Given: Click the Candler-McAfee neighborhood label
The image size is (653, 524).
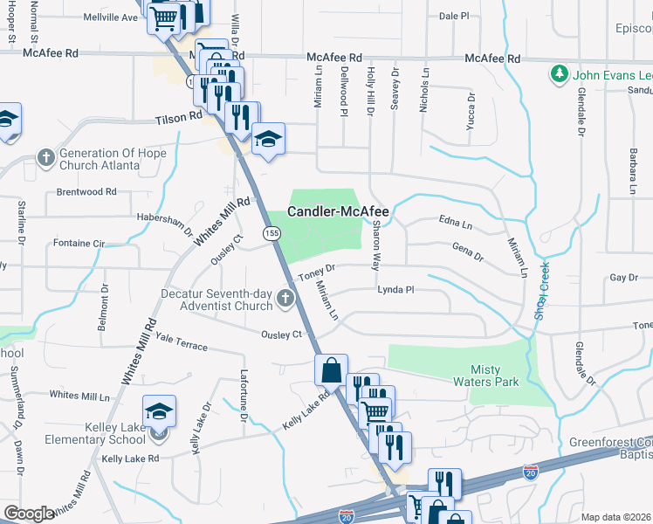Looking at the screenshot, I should [x=339, y=211].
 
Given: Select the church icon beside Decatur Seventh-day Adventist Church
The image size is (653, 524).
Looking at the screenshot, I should [x=284, y=300].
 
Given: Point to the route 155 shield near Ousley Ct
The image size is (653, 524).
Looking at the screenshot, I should [x=272, y=232].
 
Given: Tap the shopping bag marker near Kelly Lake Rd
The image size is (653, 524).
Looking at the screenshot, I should [x=332, y=369].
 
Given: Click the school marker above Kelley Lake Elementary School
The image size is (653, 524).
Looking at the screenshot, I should [x=160, y=410].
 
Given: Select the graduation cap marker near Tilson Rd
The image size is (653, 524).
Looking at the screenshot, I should [x=269, y=138].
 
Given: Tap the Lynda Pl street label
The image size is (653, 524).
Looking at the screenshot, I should [x=395, y=289].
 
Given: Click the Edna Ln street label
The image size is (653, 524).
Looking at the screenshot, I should [x=455, y=225].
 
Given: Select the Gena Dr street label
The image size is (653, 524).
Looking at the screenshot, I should [x=467, y=253].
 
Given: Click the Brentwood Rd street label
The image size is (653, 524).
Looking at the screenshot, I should [x=86, y=192].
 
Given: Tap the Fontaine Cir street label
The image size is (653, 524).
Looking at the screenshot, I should [x=79, y=243].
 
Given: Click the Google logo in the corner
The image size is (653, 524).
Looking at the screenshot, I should [x=29, y=514].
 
